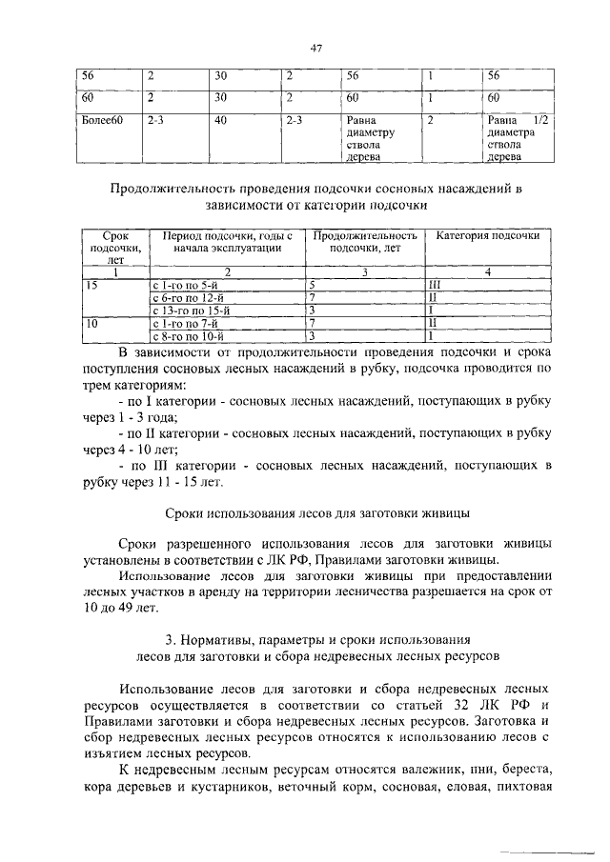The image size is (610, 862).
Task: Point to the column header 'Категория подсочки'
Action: click(488, 235)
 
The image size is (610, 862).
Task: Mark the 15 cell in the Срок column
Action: click(91, 285)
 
